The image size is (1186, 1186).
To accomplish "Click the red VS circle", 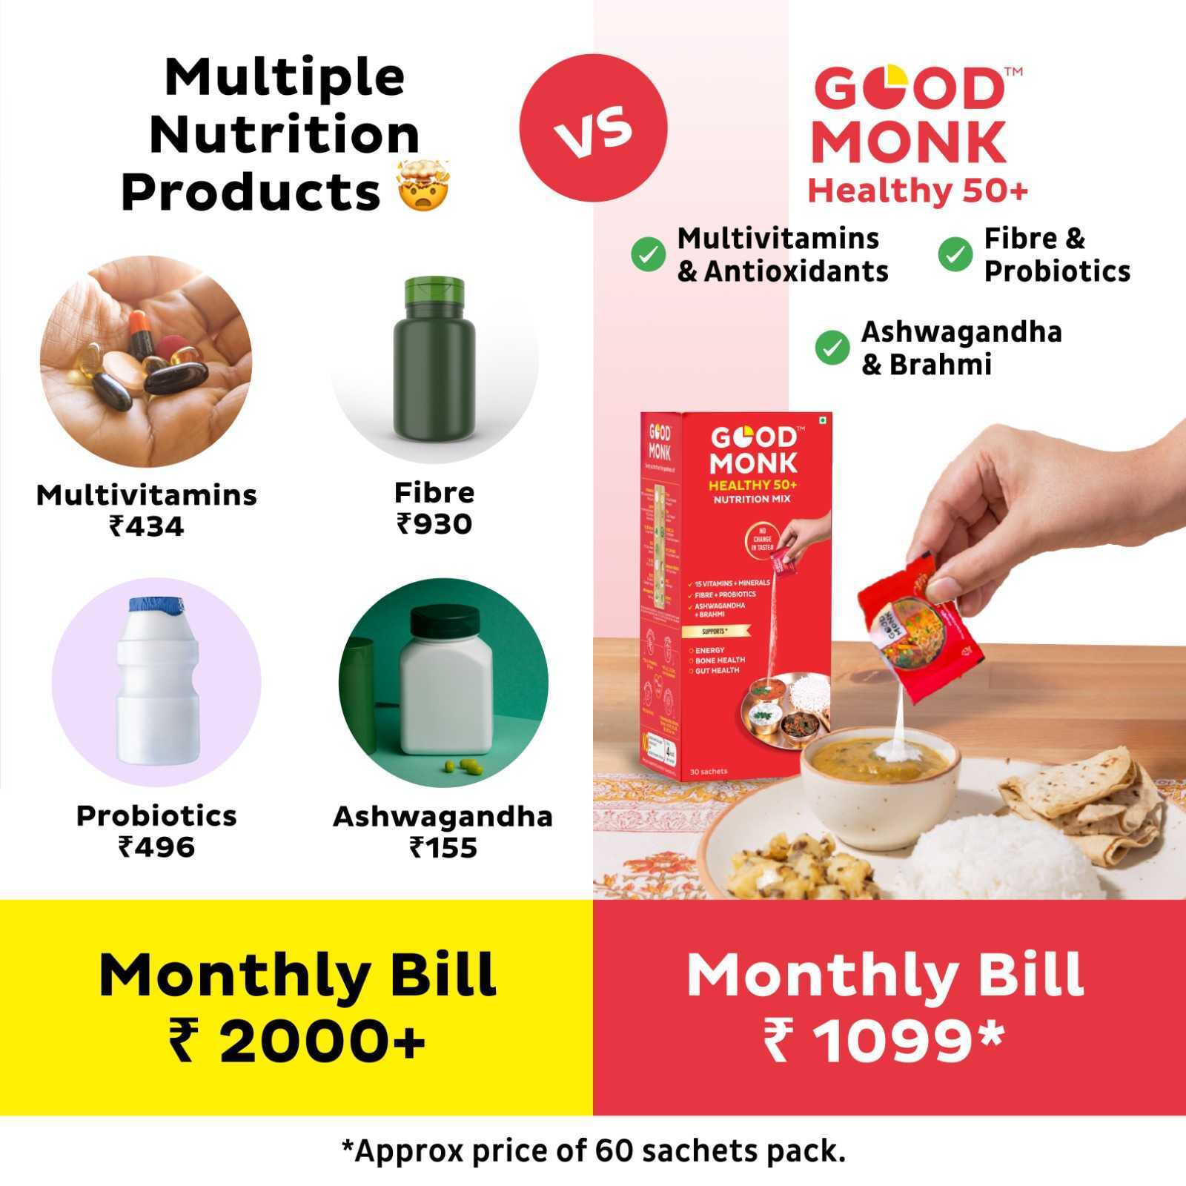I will (x=593, y=127).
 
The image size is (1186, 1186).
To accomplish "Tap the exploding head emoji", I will (x=423, y=186).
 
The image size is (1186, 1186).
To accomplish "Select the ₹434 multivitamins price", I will (x=147, y=526).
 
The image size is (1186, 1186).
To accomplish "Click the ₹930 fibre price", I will (x=434, y=524).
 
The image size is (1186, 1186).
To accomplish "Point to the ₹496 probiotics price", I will (x=156, y=847).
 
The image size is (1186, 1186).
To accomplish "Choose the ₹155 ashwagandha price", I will (x=443, y=847).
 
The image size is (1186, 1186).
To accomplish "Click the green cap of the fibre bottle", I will (x=434, y=294).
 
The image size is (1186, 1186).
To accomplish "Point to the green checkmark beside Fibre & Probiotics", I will (x=955, y=254).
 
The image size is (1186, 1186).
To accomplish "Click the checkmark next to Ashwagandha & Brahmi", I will (x=832, y=348).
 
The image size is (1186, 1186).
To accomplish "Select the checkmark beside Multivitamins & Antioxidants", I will (x=648, y=254).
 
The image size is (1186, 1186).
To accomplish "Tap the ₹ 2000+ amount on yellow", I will (x=296, y=1041).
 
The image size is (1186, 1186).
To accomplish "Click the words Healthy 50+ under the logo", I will (x=918, y=191).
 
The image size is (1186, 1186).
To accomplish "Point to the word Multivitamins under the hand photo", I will (x=147, y=495).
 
